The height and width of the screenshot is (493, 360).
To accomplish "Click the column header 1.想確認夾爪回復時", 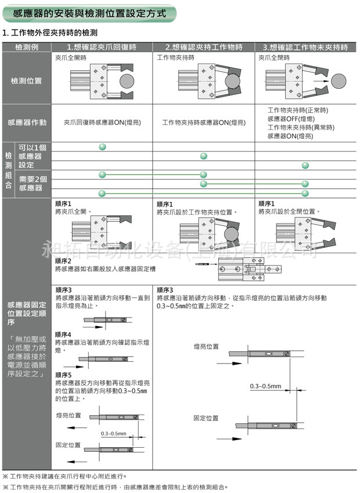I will [102, 47].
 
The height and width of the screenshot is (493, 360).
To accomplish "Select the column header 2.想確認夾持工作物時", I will [203, 47].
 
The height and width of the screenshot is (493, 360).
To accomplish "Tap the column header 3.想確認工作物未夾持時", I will [305, 47].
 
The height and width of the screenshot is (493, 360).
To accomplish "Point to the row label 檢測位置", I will [27, 81].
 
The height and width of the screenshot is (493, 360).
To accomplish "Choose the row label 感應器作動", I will [27, 123].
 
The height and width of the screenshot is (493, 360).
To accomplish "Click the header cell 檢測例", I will [27, 47].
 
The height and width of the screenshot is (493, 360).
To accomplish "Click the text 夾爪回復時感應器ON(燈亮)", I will [102, 123].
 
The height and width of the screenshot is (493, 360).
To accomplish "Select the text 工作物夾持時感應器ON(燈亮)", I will [203, 123].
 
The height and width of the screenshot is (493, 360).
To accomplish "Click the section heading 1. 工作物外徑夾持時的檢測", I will [50, 33].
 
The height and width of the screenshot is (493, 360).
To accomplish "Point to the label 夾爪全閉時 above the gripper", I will [273, 58].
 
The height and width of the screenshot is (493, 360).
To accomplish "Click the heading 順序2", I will [63, 261].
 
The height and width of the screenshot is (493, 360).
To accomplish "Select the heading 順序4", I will [63, 335].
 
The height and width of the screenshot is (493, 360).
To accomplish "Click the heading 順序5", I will [63, 375].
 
